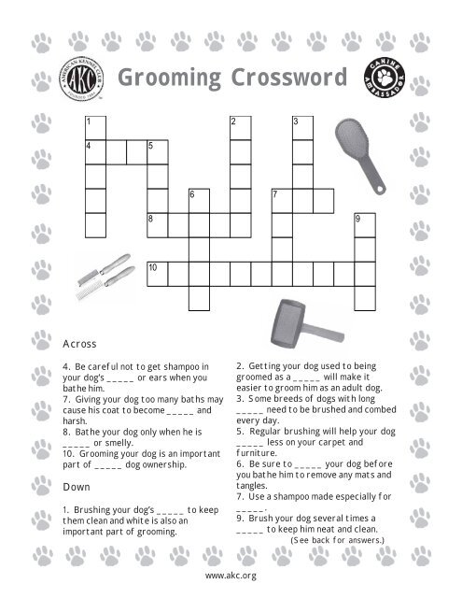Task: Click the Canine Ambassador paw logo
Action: [383, 80]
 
